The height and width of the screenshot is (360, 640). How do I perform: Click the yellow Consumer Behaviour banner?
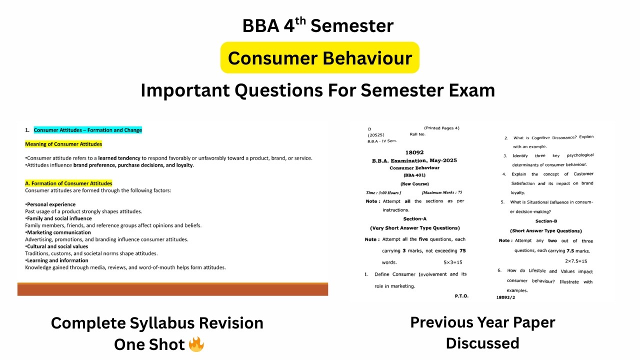coord(319,58)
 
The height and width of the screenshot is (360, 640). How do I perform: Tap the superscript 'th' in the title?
coord(300,19)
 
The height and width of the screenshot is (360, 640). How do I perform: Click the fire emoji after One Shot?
coord(196,344)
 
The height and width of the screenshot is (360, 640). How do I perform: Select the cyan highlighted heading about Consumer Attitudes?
coord(87,130)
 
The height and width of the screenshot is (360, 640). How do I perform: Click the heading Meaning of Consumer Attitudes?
coord(63,144)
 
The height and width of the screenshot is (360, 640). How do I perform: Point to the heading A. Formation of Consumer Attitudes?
coord(68,183)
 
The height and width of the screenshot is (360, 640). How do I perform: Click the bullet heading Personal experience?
coord(51,204)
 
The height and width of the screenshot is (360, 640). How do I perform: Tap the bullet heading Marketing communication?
coord(58,232)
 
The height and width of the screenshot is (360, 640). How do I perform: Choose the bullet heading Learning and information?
coord(57,260)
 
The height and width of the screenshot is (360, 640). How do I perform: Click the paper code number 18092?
coord(414,152)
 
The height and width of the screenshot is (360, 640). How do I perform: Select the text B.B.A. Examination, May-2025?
coord(414,160)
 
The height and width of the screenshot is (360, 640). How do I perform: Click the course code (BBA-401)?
coord(414,175)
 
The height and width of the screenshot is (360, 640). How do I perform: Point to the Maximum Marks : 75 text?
coord(441,192)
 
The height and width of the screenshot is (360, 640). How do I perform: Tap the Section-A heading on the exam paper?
coord(414,219)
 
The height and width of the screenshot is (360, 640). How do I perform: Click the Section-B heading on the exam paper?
coord(546,221)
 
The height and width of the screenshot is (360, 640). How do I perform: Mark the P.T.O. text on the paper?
coord(461,296)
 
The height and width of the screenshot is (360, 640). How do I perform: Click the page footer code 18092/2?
coord(505,297)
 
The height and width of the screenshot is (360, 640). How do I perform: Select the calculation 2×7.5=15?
coord(576,261)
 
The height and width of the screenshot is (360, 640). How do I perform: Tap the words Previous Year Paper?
coord(482,322)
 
